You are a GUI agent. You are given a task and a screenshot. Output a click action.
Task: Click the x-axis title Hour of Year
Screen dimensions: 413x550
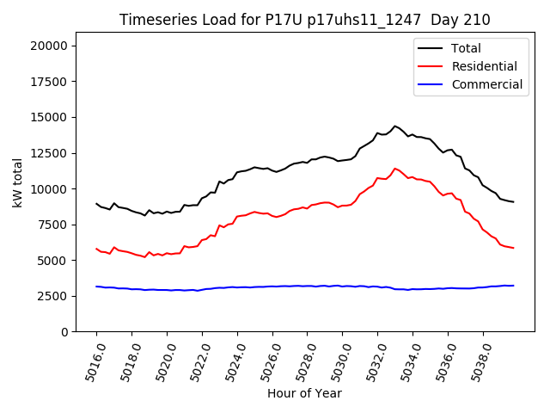point(304,393)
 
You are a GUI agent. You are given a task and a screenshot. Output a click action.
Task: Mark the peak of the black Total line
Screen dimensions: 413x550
point(395,126)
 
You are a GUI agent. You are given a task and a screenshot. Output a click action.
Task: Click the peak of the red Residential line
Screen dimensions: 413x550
point(395,169)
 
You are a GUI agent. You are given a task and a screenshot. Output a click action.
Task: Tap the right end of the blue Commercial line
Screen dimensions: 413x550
point(513,286)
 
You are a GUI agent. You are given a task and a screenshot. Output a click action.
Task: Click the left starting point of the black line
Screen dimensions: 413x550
point(96,204)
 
